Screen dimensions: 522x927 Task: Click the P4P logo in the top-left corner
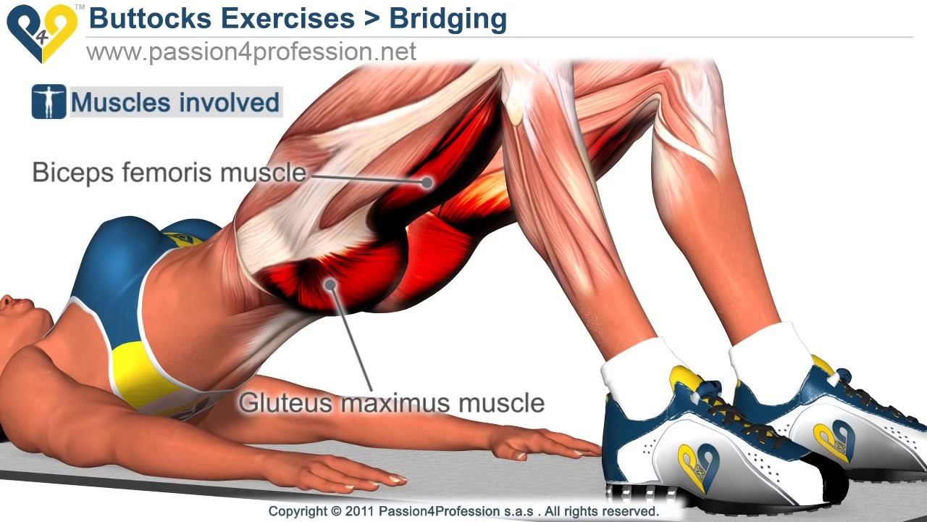pyautogui.click(x=41, y=33)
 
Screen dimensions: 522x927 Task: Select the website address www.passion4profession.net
pyautogui.click(x=251, y=52)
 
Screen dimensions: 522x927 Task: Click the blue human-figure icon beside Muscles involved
pyautogui.click(x=49, y=102)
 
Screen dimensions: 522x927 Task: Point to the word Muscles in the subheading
pyautogui.click(x=120, y=102)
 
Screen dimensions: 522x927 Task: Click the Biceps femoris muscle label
pyautogui.click(x=169, y=173)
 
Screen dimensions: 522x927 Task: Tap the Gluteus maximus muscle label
pyautogui.click(x=391, y=402)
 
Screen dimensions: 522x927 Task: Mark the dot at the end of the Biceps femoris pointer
pyautogui.click(x=427, y=182)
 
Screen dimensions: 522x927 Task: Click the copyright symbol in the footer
pyautogui.click(x=335, y=512)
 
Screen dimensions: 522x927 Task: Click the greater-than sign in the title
pyautogui.click(x=372, y=20)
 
